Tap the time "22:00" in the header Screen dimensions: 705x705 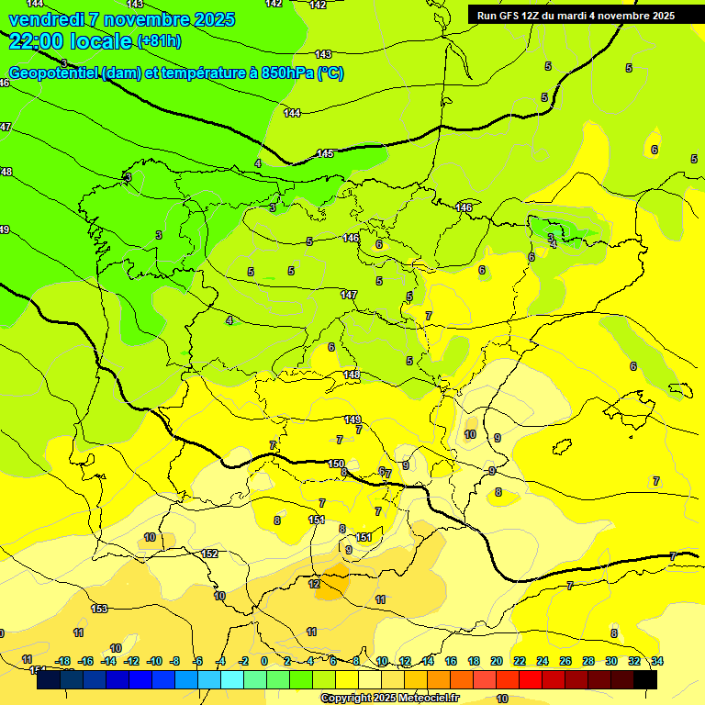(40, 40)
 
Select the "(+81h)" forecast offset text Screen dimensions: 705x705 (159, 41)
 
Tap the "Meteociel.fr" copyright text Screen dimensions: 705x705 (426, 699)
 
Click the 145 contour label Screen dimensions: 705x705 (325, 153)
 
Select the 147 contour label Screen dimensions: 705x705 (348, 295)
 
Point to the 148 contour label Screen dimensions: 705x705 (352, 375)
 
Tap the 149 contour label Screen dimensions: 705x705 (352, 420)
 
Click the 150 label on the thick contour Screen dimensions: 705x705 (336, 464)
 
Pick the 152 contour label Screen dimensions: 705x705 (209, 554)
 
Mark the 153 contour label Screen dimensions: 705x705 (99, 609)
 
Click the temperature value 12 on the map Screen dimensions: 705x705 (314, 584)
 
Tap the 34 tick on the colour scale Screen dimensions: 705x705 (656, 661)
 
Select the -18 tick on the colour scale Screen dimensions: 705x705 (62, 661)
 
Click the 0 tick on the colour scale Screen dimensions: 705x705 (264, 661)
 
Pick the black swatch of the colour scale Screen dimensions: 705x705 (645, 680)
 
